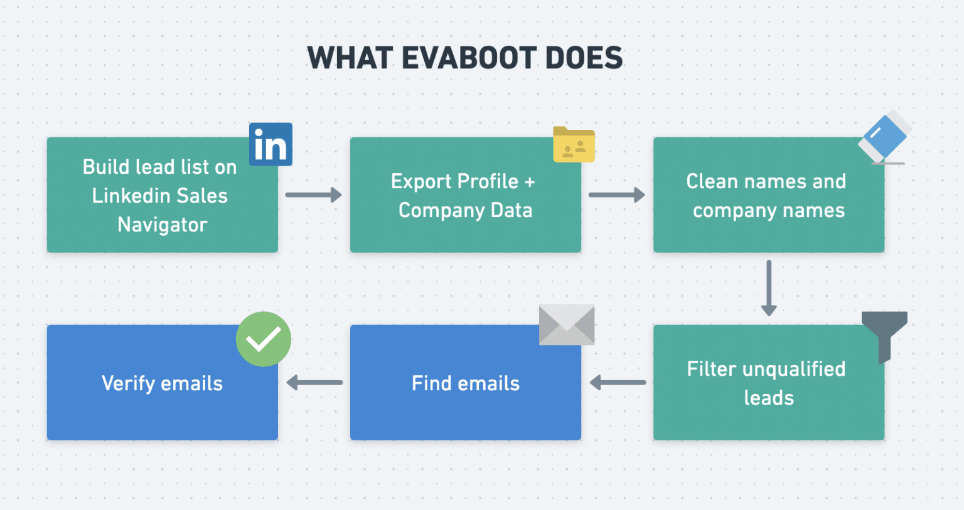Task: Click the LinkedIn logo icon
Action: (270, 144)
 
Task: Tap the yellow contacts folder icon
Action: (574, 145)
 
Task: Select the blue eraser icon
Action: (885, 138)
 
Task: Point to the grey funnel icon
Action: (884, 332)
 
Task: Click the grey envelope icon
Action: (567, 324)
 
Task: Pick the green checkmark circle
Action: (264, 339)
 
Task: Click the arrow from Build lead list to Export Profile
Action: (313, 194)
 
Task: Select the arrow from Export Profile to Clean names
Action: (616, 194)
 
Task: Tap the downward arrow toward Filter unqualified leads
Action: (769, 288)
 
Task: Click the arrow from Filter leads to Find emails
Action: (618, 382)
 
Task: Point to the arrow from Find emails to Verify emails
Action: (314, 382)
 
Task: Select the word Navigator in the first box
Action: (163, 225)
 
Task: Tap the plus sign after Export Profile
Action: (530, 182)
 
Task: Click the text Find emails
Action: (466, 383)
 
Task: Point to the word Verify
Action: (129, 383)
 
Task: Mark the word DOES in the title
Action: (584, 58)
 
